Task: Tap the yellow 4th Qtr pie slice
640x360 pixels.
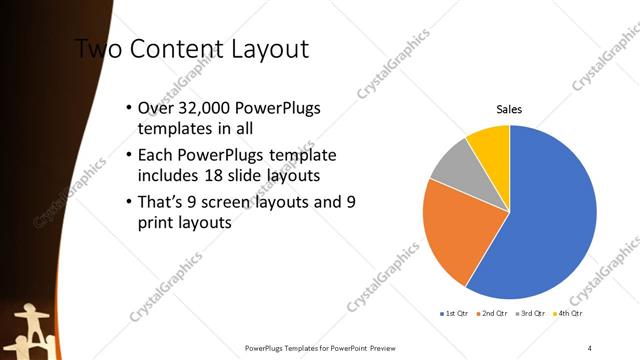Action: click(491, 144)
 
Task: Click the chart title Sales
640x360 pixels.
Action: click(509, 110)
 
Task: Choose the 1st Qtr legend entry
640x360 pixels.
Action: click(455, 314)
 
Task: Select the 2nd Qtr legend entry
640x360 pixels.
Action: click(491, 314)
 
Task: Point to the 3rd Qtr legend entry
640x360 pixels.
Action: click(528, 314)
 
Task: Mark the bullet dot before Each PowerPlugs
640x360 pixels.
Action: click(127, 156)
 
